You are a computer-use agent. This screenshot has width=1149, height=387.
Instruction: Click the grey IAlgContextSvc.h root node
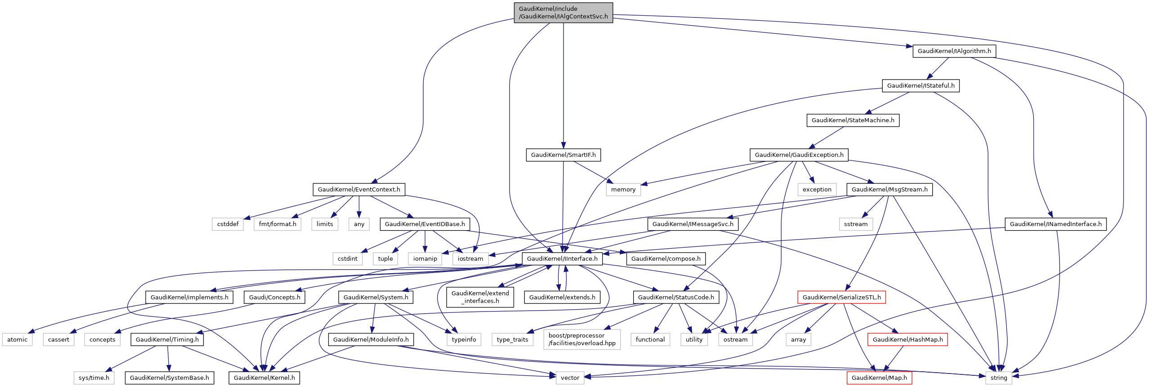[563, 13]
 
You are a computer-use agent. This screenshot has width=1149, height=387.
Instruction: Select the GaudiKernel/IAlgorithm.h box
[954, 51]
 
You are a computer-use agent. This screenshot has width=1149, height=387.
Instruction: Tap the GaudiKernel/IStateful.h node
[921, 86]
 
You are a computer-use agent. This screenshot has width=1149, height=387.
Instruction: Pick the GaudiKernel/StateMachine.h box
[853, 120]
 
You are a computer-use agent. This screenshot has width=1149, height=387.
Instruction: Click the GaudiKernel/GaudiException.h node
[799, 155]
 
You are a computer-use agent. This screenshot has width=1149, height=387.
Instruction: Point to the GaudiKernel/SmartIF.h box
[563, 155]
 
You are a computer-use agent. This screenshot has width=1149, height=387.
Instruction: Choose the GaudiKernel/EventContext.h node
[359, 190]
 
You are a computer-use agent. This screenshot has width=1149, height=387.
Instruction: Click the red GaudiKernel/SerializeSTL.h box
[841, 298]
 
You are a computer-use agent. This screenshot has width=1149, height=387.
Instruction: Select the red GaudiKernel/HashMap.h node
[908, 340]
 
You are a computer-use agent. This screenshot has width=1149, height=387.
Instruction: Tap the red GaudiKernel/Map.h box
[879, 378]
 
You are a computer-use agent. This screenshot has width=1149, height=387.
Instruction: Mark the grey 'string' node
[999, 378]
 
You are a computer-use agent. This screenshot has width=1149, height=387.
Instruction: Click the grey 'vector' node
[570, 378]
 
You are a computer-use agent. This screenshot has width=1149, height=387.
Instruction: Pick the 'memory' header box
[623, 190]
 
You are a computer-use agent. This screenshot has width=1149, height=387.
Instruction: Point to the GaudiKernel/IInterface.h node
[562, 259]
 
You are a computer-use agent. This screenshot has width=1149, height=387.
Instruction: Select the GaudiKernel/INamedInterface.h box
[1055, 224]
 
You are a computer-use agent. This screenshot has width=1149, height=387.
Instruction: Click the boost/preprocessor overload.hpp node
[582, 339]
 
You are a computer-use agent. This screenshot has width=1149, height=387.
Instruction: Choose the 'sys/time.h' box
[94, 378]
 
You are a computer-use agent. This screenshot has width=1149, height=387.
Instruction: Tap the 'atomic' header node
[17, 340]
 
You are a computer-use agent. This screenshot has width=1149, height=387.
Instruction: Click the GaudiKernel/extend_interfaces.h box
[480, 297]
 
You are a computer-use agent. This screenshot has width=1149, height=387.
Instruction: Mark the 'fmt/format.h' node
[277, 224]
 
